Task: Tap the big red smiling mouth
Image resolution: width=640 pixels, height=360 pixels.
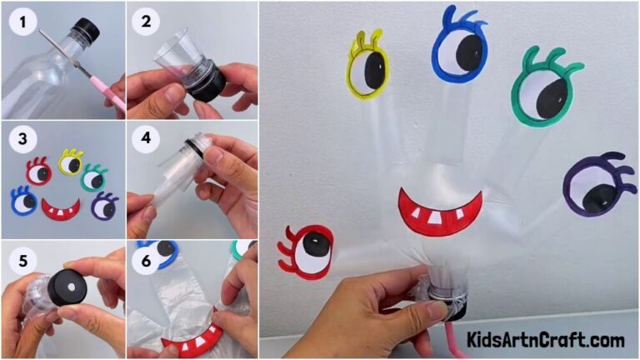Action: pos(439,211)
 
